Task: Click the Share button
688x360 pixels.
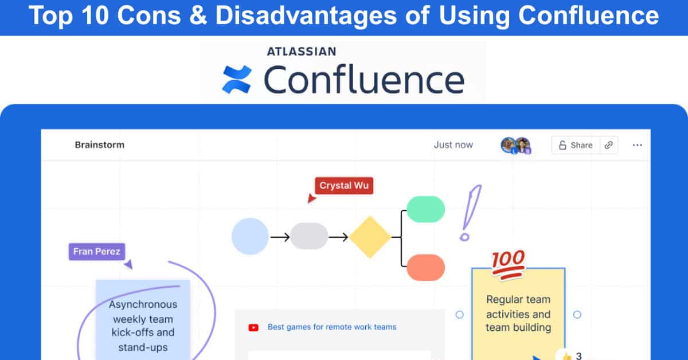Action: click(576, 145)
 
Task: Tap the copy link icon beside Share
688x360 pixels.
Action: click(608, 145)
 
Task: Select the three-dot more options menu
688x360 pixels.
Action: click(637, 145)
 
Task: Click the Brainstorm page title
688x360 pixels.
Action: click(99, 144)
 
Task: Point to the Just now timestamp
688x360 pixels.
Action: click(453, 144)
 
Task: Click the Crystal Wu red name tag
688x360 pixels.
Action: click(344, 186)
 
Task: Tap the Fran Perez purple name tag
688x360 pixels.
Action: click(96, 252)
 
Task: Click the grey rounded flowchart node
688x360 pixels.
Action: click(309, 236)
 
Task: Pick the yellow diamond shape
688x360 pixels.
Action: click(370, 237)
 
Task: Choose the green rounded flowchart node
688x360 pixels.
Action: click(425, 209)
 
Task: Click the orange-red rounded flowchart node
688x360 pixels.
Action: click(425, 268)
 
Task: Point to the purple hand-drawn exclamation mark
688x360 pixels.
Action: click(470, 212)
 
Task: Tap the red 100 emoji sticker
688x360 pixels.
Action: click(508, 265)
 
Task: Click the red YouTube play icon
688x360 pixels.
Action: click(253, 327)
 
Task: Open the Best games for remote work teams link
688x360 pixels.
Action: click(332, 327)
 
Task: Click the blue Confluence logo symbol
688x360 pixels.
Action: click(237, 79)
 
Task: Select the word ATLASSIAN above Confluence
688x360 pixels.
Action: click(301, 52)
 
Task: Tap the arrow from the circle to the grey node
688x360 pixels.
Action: click(279, 237)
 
